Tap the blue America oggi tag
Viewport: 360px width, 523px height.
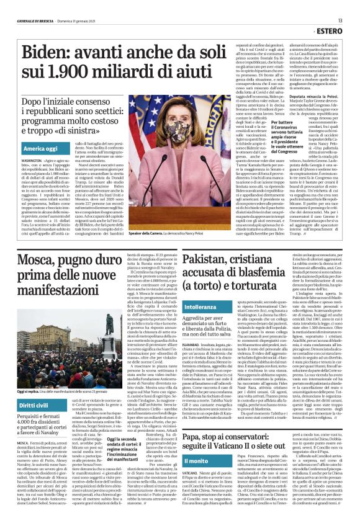pos(40,149)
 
